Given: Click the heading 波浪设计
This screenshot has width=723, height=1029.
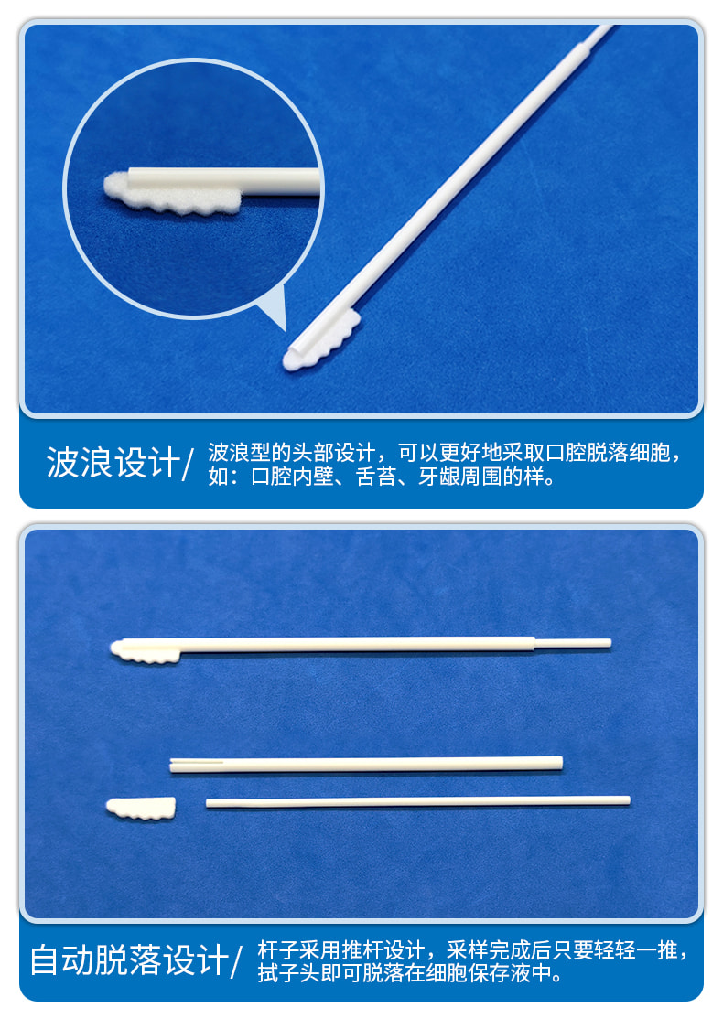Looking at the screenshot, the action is pos(113,463).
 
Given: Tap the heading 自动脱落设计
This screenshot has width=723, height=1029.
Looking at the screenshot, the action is pos(129,960).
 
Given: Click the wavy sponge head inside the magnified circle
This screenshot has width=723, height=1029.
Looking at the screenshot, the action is pos(172,195).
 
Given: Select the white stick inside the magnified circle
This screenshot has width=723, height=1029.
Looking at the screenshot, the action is pos(223,181).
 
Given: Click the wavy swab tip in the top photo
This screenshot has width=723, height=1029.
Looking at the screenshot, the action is pos(322,341).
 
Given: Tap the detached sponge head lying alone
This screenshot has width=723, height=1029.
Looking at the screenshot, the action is pos(141,809).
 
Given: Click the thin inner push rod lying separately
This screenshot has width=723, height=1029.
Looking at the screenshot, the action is pos(417,801).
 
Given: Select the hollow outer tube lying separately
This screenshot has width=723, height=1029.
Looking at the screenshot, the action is pos(366,765).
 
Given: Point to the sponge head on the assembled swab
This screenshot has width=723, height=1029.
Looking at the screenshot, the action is pos(145,651).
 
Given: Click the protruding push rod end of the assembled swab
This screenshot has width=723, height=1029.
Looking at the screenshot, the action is pos(573,643).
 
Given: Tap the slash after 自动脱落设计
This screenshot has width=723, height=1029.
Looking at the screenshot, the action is pos(236,961).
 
